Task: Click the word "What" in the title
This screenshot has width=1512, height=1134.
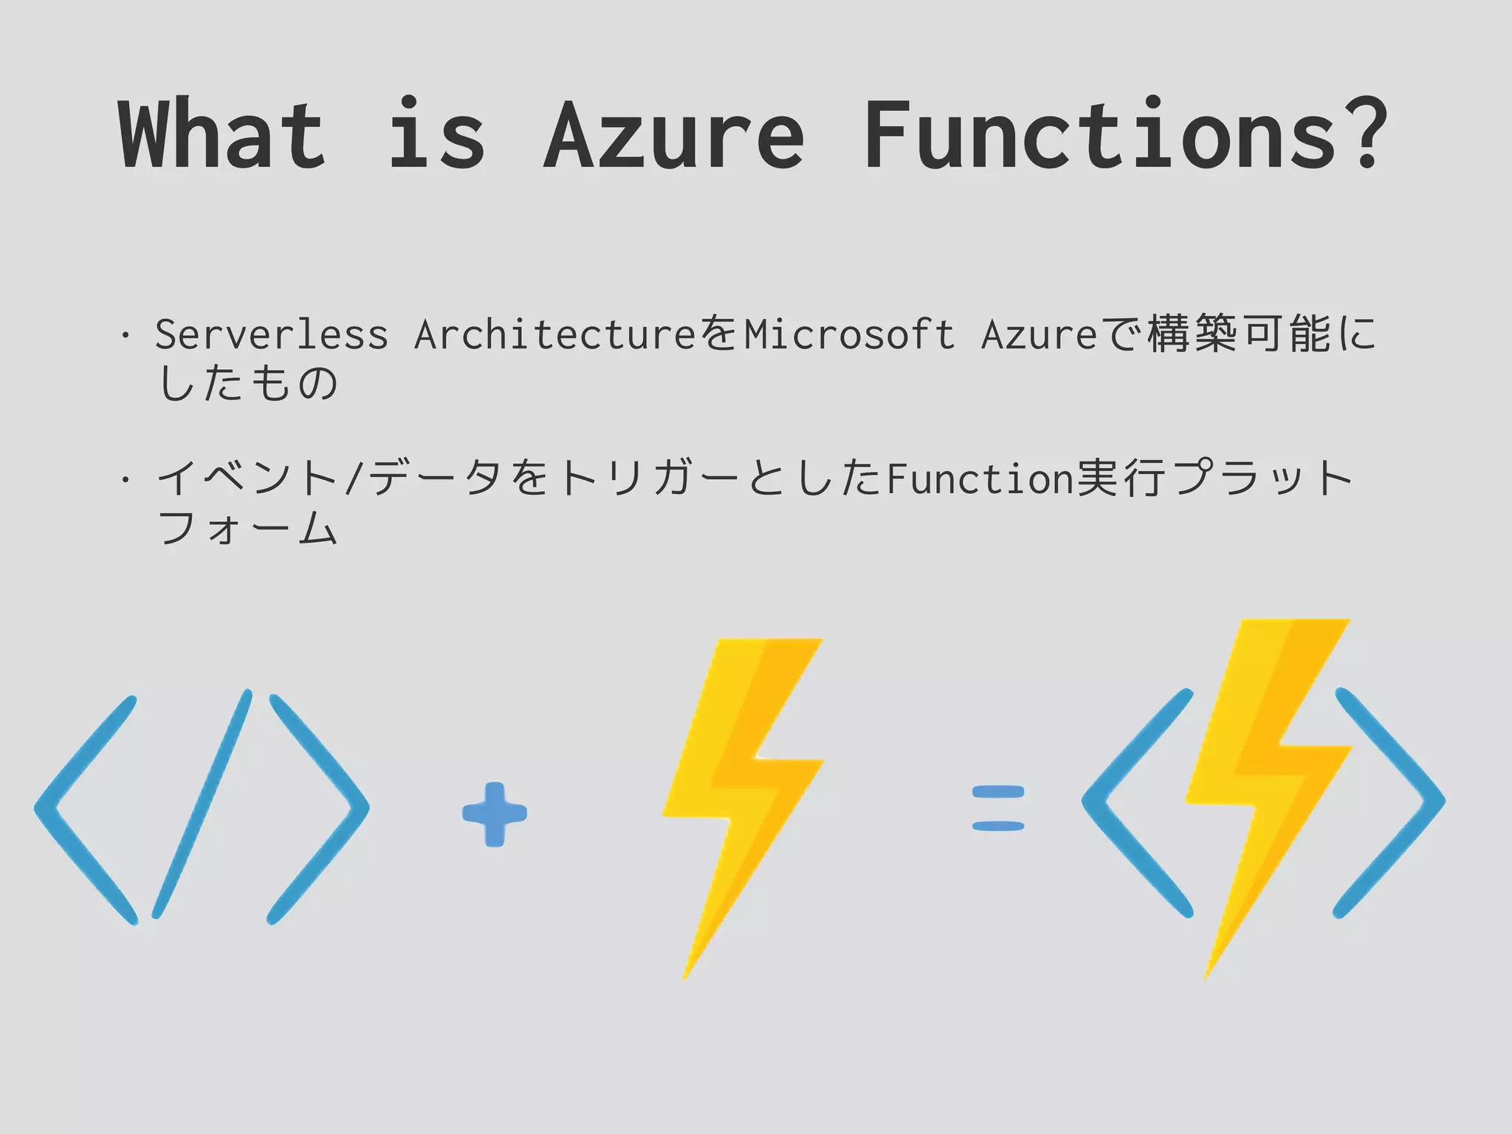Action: tap(221, 134)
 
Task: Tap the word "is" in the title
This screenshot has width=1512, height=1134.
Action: tap(436, 134)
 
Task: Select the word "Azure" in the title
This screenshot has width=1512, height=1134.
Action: tap(673, 134)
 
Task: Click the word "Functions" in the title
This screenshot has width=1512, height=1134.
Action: tap(1100, 134)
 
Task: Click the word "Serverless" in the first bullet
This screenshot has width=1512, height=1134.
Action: tap(271, 334)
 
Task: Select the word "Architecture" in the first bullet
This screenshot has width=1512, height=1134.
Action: tap(554, 334)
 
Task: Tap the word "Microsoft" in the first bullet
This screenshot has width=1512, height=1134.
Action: tap(849, 334)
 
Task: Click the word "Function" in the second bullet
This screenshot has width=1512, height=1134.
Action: tap(980, 479)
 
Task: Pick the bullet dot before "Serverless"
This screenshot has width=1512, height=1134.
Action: tap(126, 337)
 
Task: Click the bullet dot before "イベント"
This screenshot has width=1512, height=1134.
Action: tap(126, 481)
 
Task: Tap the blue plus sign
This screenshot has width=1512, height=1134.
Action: tap(495, 814)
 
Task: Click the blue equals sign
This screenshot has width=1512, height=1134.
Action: tap(998, 808)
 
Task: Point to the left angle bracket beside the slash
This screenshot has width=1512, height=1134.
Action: tap(81, 808)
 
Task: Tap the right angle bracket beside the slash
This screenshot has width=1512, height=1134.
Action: tap(321, 808)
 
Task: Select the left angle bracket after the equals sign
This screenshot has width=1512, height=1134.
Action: tap(1130, 803)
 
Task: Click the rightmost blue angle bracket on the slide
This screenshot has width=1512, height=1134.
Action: tap(1392, 803)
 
